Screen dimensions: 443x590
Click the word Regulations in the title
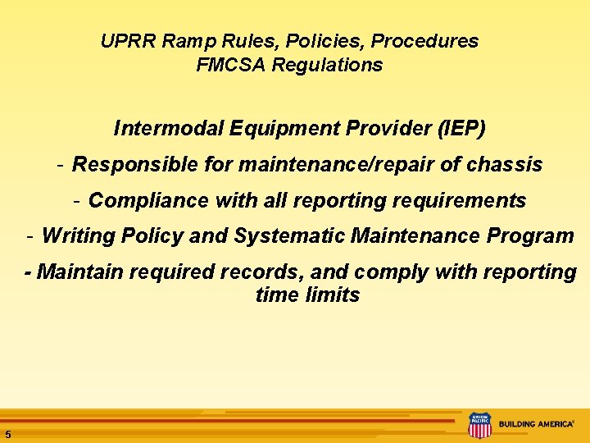click(x=328, y=65)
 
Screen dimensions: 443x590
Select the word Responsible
click(x=135, y=165)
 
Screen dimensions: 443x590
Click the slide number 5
click(x=7, y=434)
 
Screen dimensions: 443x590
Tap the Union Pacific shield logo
click(x=479, y=425)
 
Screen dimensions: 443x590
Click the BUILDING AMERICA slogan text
click(x=536, y=425)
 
